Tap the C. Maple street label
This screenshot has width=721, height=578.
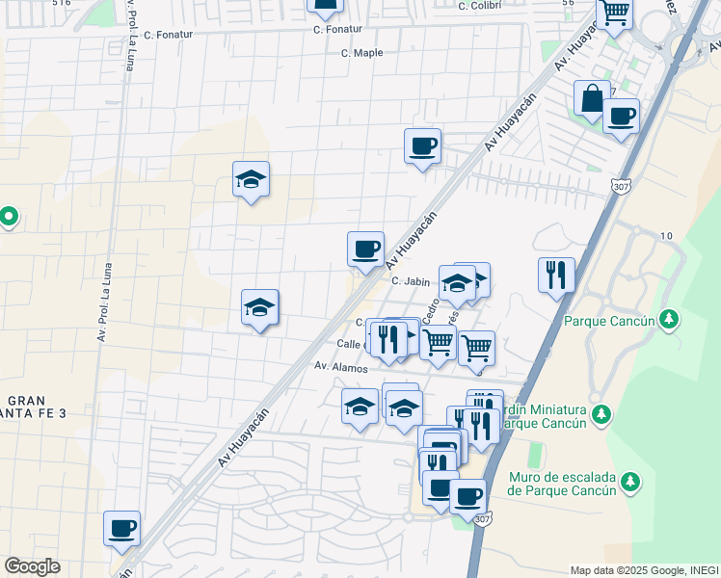(x=362, y=53)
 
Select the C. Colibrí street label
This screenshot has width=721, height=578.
(x=481, y=6)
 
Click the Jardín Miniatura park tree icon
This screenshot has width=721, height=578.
(x=601, y=414)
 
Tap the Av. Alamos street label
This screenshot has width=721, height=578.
(x=341, y=367)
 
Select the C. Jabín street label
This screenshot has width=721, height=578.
(x=410, y=281)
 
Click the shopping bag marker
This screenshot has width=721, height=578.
(x=591, y=98)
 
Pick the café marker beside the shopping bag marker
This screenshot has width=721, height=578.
(x=621, y=117)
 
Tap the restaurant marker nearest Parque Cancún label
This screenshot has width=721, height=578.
(x=556, y=275)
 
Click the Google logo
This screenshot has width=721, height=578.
(x=32, y=566)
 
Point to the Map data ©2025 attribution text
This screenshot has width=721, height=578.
(x=644, y=570)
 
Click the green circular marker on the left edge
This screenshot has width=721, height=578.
(x=9, y=217)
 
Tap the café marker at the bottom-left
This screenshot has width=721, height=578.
(x=122, y=529)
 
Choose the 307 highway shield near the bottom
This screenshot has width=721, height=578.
(x=481, y=519)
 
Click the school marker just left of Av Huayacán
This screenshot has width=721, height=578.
(x=259, y=307)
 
